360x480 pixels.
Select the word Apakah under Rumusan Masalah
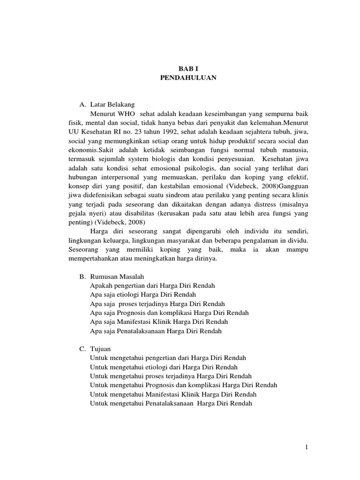pos(101,285)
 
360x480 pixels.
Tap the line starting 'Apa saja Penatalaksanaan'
pos(156,331)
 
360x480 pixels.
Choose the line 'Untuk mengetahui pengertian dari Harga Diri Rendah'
pos(168,358)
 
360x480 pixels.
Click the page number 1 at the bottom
pos(306,447)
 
